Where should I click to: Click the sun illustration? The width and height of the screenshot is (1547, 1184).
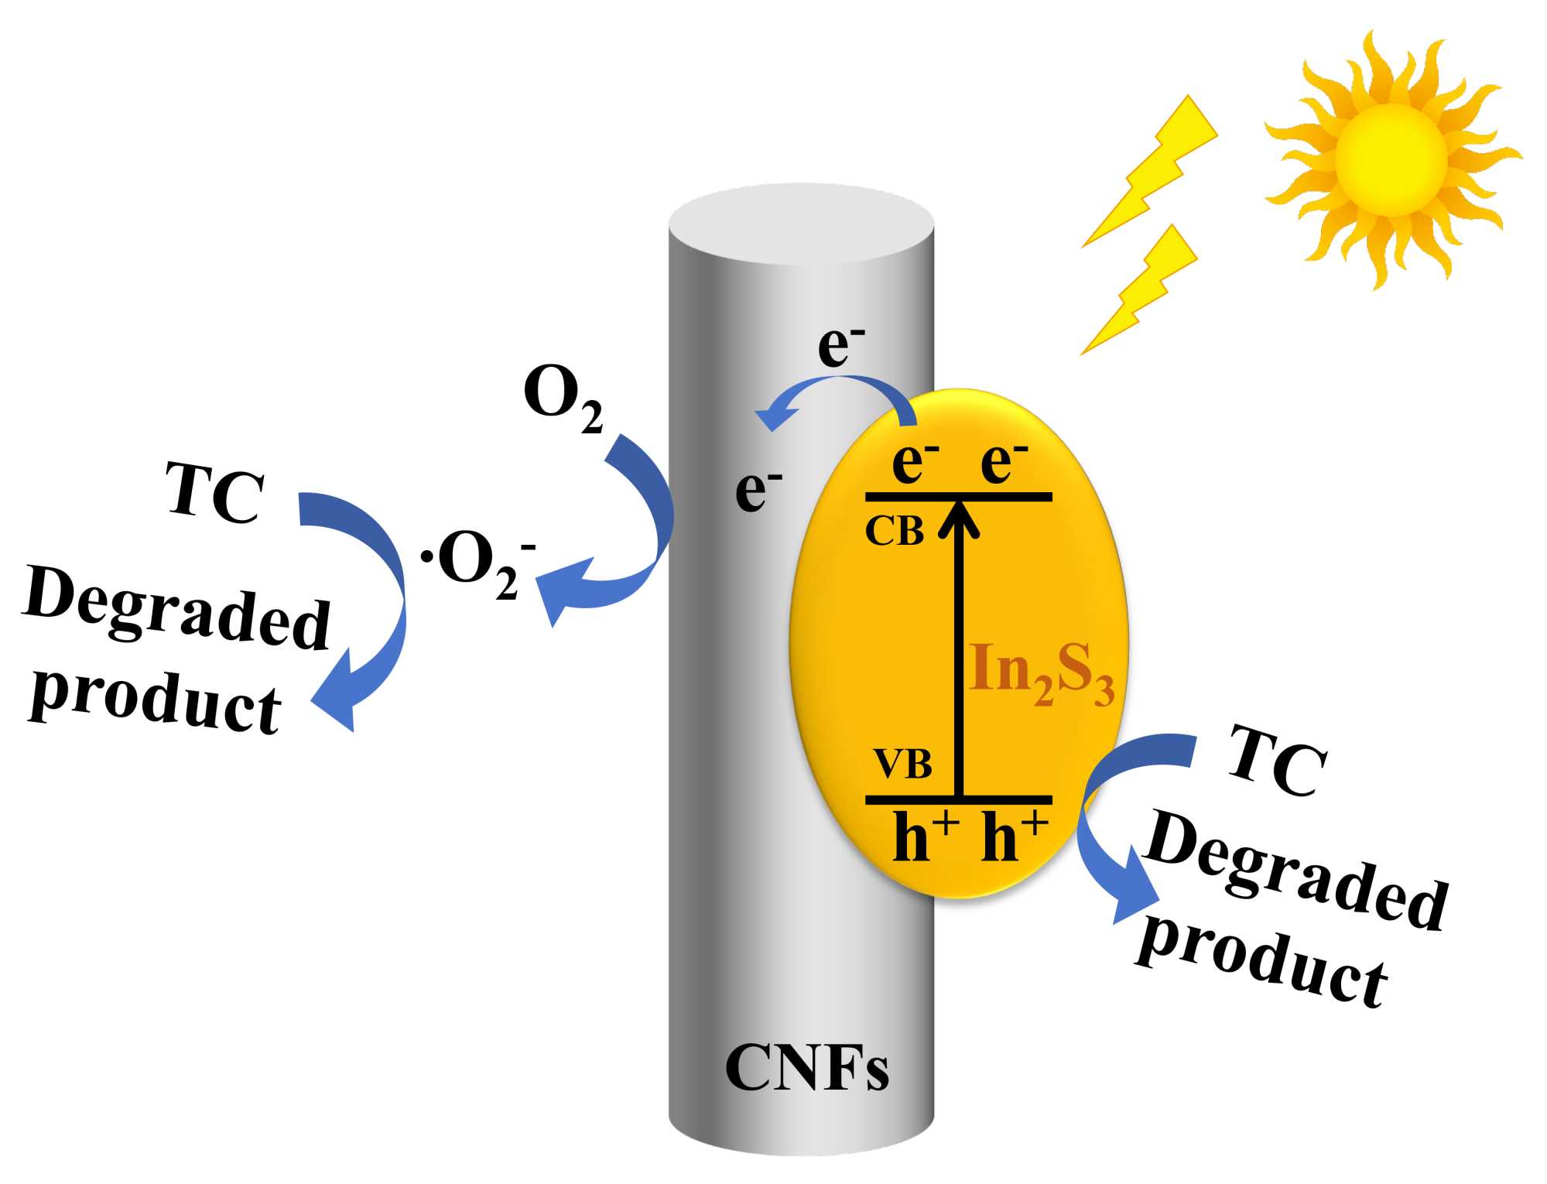coord(1390,160)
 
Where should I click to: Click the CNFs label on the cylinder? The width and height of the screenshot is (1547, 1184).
coord(806,1068)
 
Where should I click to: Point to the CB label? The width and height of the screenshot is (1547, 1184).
coord(894,532)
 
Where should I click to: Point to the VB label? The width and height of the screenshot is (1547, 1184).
coord(902,764)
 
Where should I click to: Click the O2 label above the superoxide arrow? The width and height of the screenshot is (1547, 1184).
coord(563,397)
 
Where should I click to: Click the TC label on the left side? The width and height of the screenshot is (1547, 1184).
coord(214,493)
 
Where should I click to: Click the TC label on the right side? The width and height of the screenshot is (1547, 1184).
coord(1277,762)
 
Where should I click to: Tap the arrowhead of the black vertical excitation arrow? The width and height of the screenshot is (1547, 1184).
coord(959,518)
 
